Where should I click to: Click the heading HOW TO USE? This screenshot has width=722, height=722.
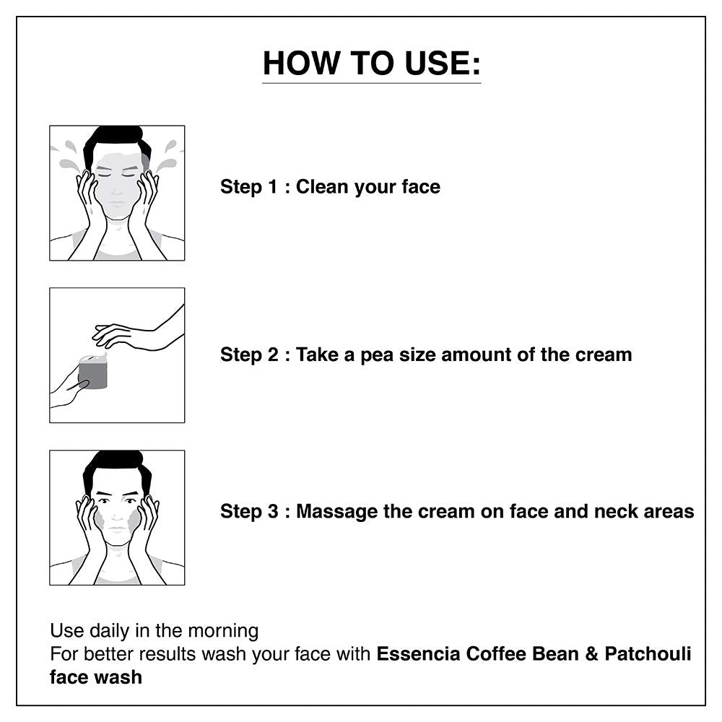[371, 63]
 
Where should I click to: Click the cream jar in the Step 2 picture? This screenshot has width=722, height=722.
[93, 371]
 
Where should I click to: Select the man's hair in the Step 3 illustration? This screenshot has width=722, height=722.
[117, 467]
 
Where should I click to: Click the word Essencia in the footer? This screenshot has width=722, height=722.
[418, 654]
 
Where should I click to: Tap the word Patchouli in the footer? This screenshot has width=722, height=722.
[648, 654]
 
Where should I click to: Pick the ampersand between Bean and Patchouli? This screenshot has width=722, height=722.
[591, 654]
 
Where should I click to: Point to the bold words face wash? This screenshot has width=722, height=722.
[96, 677]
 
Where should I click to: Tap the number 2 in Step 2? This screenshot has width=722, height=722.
[273, 355]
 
